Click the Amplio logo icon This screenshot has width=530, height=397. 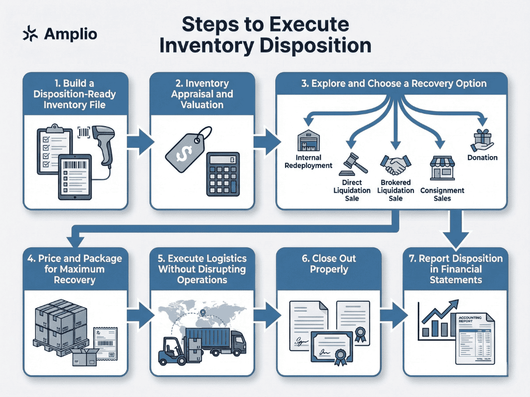click(x=32, y=34)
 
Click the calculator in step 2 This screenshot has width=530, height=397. click(x=223, y=174)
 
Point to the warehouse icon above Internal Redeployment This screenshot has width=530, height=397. click(x=309, y=141)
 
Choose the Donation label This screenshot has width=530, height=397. click(x=482, y=158)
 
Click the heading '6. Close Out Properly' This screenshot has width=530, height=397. click(x=329, y=263)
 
